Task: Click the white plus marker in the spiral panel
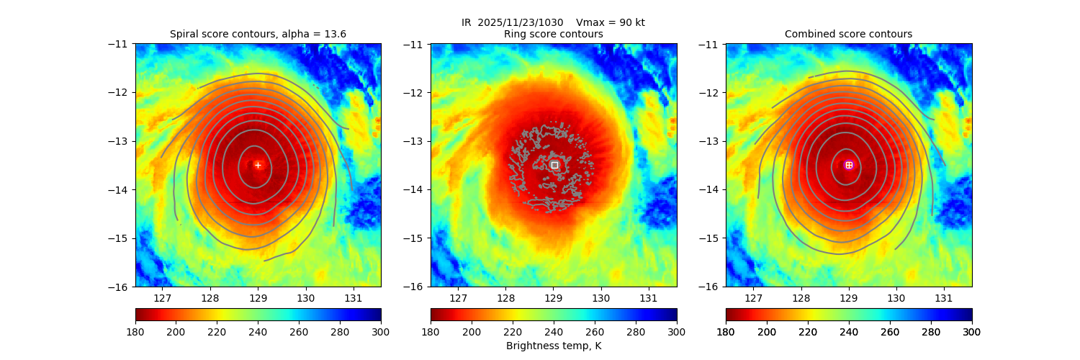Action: click(x=258, y=165)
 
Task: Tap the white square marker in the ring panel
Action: click(x=554, y=165)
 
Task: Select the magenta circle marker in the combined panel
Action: click(x=849, y=165)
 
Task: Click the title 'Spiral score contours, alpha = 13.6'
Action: click(x=258, y=34)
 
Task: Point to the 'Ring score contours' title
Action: click(x=553, y=34)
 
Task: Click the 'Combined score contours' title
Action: click(x=848, y=34)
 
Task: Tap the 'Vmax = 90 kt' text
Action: click(x=611, y=22)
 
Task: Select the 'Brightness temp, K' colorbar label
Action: click(x=553, y=346)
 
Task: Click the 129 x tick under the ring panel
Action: click(x=553, y=297)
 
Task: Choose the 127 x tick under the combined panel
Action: click(x=753, y=297)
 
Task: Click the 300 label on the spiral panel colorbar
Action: click(x=381, y=331)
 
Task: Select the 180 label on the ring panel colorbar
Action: click(x=431, y=331)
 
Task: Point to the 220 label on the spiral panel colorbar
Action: click(x=217, y=331)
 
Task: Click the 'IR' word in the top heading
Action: click(x=466, y=22)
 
